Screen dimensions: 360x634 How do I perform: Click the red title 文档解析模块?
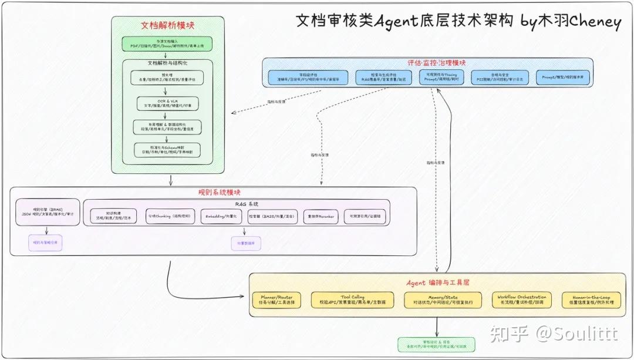click(168, 26)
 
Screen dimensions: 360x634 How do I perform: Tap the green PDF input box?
click(167, 43)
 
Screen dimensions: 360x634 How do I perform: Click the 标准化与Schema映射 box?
click(167, 149)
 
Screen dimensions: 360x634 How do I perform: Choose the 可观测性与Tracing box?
click(441, 78)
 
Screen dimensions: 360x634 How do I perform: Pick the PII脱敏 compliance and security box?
click(500, 78)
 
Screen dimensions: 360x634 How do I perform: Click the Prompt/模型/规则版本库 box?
click(562, 78)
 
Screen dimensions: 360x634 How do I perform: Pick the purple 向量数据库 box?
click(246, 243)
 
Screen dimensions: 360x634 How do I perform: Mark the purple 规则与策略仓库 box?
click(47, 242)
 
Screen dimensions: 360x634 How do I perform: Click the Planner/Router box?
click(276, 300)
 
